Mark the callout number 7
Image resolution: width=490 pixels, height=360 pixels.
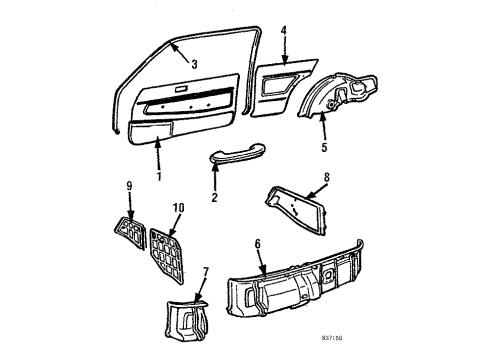click(206, 273)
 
